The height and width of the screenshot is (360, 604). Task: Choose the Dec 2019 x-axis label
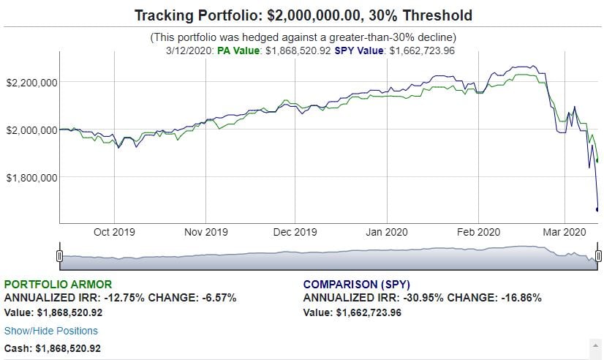click(295, 232)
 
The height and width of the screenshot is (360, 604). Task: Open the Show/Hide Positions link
click(51, 331)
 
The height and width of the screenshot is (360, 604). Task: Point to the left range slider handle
click(59, 255)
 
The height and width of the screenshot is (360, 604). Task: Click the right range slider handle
click(598, 255)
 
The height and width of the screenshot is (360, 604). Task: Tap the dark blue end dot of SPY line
click(597, 209)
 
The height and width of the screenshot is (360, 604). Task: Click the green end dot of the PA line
click(597, 160)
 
